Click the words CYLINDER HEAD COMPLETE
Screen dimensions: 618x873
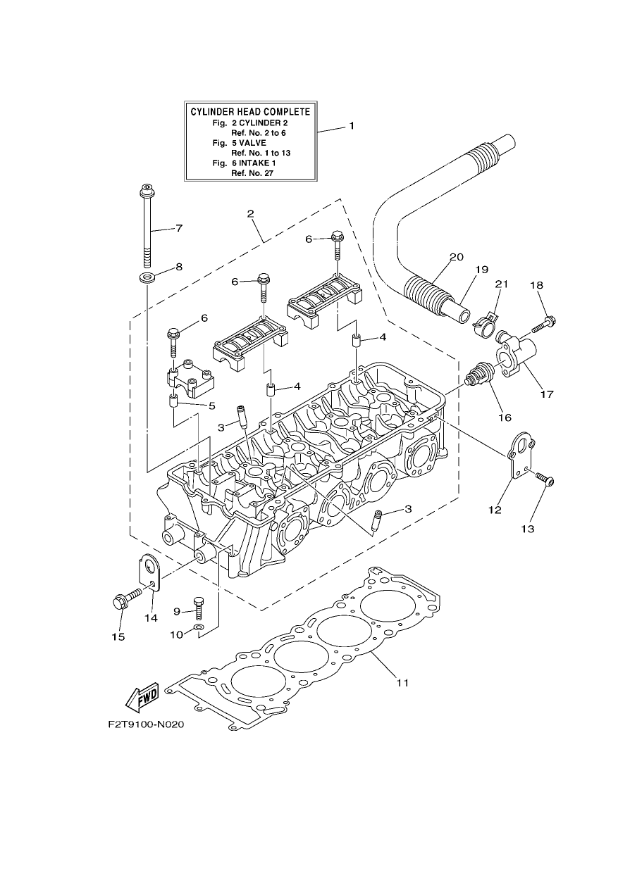pos(250,112)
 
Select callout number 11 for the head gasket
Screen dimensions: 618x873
pos(402,682)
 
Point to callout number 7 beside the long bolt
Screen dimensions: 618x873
pos(179,228)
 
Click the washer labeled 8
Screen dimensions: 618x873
pos(147,278)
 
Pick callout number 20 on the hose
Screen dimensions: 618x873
pos(457,257)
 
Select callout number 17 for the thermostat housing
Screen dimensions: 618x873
pos(547,394)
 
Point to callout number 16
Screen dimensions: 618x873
pos(505,417)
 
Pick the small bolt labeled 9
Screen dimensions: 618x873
pos(199,619)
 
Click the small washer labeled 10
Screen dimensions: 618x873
pos(199,638)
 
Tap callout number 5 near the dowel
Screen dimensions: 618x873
pos(212,406)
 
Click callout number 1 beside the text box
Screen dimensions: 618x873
pos(352,126)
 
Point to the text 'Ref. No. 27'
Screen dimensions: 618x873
pos(252,173)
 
